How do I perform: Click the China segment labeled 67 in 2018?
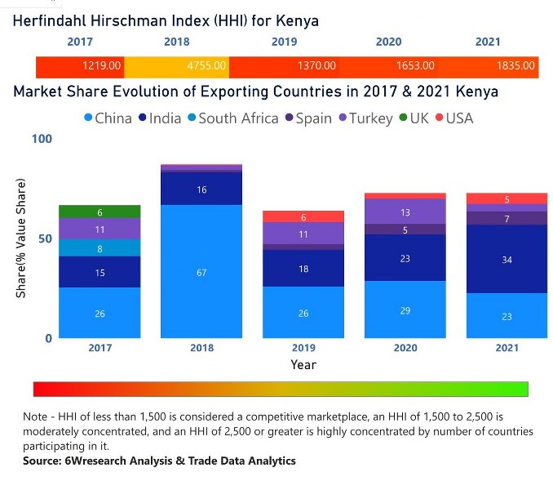201,271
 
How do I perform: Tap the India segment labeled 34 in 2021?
507,260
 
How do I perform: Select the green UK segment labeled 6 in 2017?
100,212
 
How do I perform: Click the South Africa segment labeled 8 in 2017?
100,248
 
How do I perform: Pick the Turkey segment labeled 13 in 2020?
405,212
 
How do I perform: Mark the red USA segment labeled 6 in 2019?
303,216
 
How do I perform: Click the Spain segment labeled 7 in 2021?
507,219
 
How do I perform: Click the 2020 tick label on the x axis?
405,348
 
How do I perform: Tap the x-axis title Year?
303,364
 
